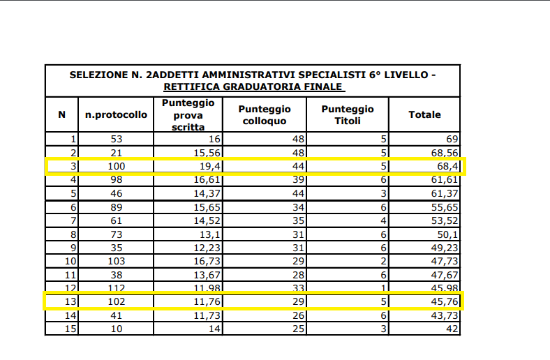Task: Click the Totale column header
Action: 424,114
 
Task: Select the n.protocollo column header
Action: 116,114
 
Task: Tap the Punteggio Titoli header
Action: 348,114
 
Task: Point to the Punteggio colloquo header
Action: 265,114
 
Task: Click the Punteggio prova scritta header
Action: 188,114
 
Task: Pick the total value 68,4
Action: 447,166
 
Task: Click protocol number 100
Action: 116,166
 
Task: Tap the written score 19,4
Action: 210,166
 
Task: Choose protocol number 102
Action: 116,301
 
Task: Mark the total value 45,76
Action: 445,301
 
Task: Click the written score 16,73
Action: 207,261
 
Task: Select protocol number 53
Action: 116,139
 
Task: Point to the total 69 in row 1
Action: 452,139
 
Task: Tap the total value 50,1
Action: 447,234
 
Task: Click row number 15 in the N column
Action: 70,329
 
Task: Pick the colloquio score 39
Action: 298,180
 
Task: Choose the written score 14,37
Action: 207,193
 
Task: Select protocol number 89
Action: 116,207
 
